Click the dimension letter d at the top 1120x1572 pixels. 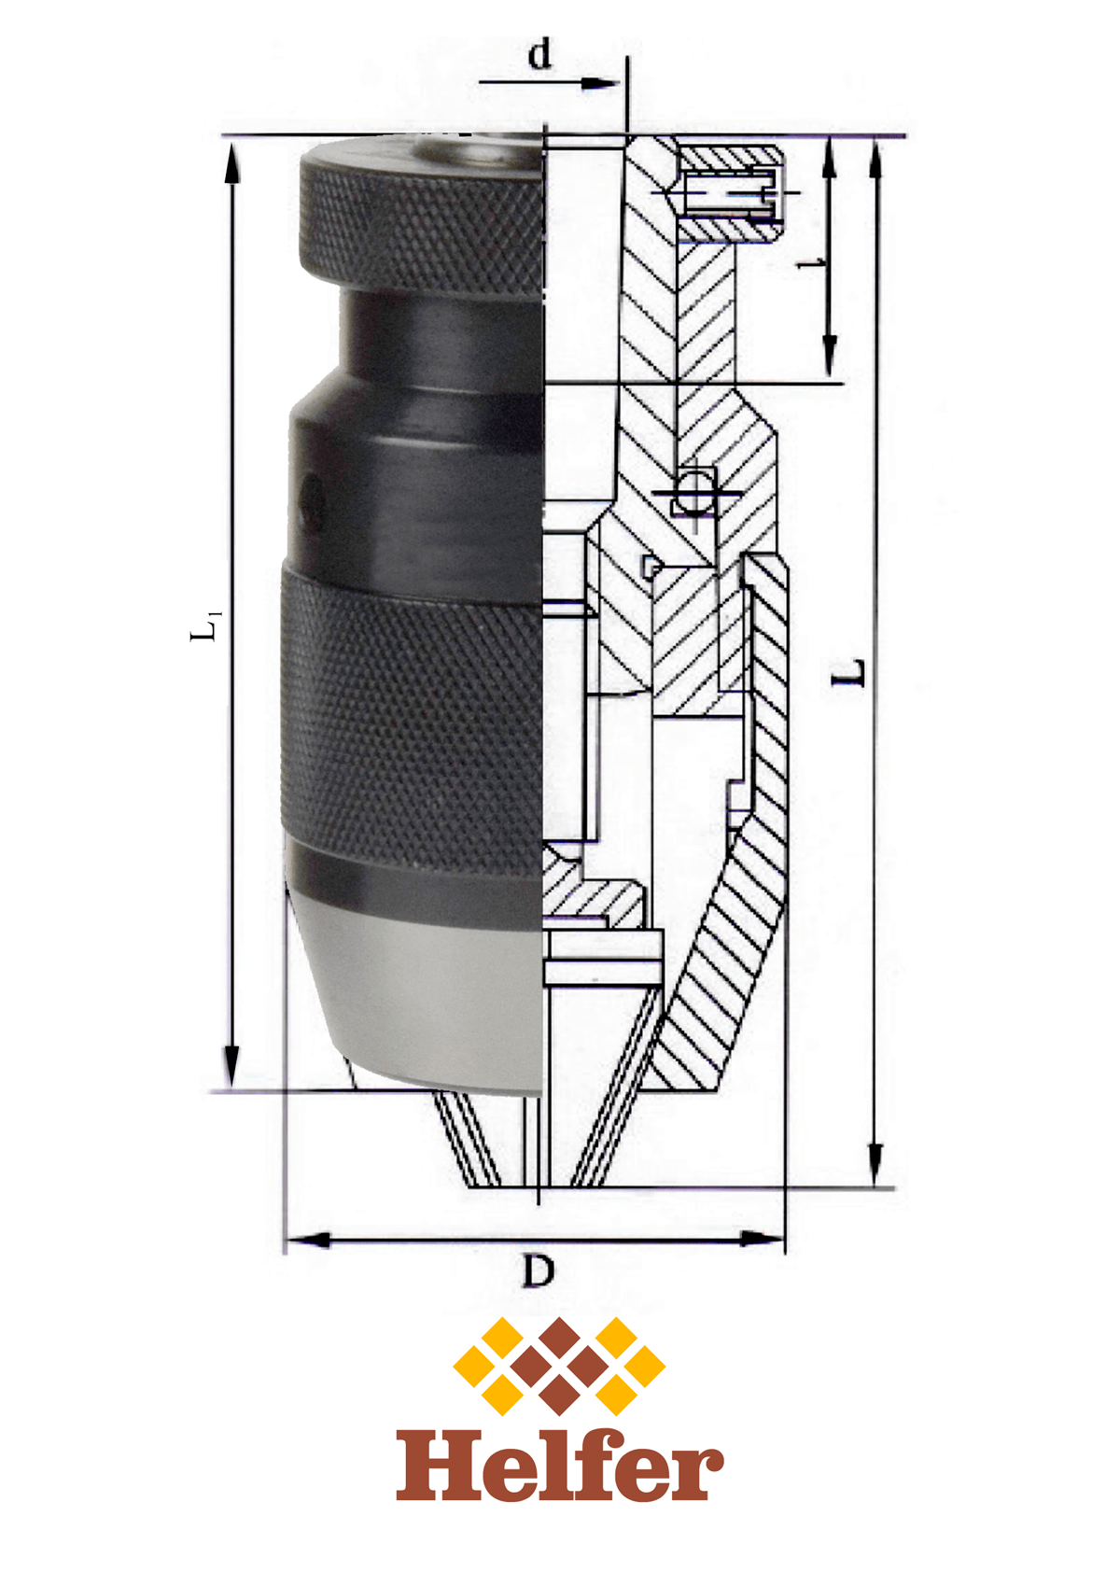tap(539, 56)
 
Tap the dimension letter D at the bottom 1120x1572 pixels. tap(539, 1270)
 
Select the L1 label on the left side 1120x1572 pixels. tap(206, 625)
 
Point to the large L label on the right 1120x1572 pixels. tap(848, 673)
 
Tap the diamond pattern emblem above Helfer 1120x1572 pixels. tap(559, 1365)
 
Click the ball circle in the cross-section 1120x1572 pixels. tap(693, 491)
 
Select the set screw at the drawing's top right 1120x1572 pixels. tap(729, 193)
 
